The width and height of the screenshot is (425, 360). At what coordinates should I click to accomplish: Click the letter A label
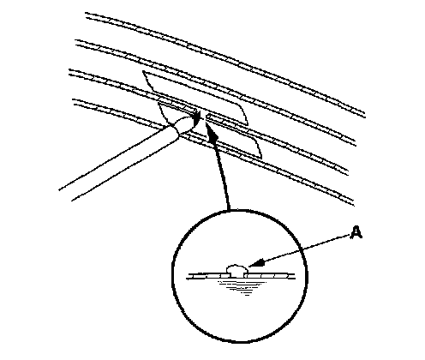356,232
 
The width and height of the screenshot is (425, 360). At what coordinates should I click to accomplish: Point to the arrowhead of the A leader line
256,263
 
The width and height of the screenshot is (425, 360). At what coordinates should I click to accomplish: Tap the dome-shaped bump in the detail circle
236,268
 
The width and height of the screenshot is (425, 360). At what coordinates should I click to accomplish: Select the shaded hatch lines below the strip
242,287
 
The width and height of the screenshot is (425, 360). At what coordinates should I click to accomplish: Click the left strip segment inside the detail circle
208,276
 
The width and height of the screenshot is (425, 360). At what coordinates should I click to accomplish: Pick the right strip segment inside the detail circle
269,276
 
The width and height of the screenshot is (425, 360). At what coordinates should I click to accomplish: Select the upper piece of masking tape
195,97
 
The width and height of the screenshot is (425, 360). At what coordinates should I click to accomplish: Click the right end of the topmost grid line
364,115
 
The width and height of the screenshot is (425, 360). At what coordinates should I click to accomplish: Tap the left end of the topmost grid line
87,15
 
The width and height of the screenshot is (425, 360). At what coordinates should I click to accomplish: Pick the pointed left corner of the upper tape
143,71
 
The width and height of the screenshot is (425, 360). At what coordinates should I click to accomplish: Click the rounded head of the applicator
183,125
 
